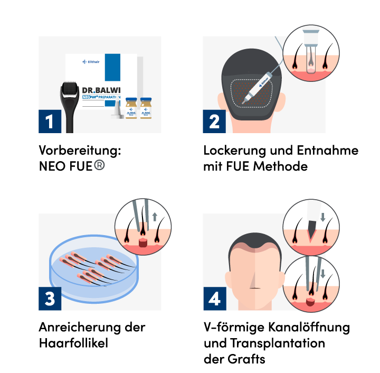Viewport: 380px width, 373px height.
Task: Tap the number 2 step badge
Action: point(214,121)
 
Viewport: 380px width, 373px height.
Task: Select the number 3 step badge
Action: point(50,299)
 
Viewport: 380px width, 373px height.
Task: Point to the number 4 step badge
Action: point(214,299)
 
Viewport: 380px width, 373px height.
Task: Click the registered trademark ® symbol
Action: point(99,165)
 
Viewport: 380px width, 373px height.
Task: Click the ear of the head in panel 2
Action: point(281,100)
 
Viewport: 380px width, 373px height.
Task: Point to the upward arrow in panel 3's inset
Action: point(155,217)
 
